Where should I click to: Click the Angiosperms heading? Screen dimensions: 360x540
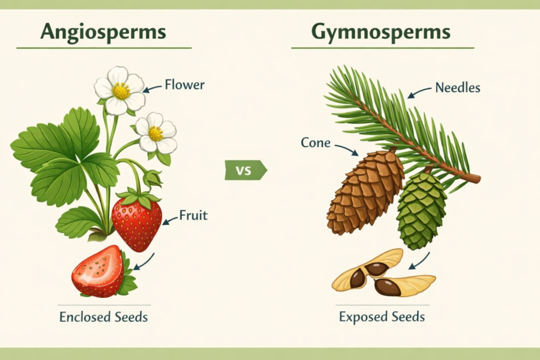(103, 33)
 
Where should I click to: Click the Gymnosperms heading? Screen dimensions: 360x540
(381, 33)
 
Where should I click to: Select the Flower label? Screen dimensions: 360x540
(184, 84)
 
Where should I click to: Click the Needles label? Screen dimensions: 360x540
(457, 88)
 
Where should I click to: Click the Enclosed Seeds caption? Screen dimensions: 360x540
(103, 317)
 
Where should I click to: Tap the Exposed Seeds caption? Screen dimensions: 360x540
(382, 317)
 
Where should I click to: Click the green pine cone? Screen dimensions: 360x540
(421, 211)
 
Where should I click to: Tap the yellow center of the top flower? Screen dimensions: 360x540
(121, 91)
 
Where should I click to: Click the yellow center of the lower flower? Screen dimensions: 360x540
(156, 133)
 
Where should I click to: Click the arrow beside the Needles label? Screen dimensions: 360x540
(419, 93)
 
